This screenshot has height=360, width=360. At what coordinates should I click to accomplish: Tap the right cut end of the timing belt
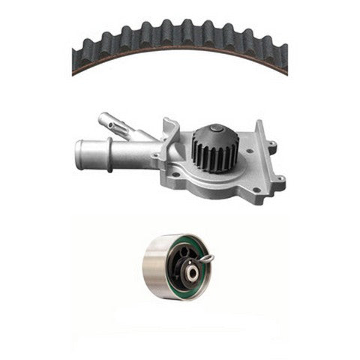point(283,61)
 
